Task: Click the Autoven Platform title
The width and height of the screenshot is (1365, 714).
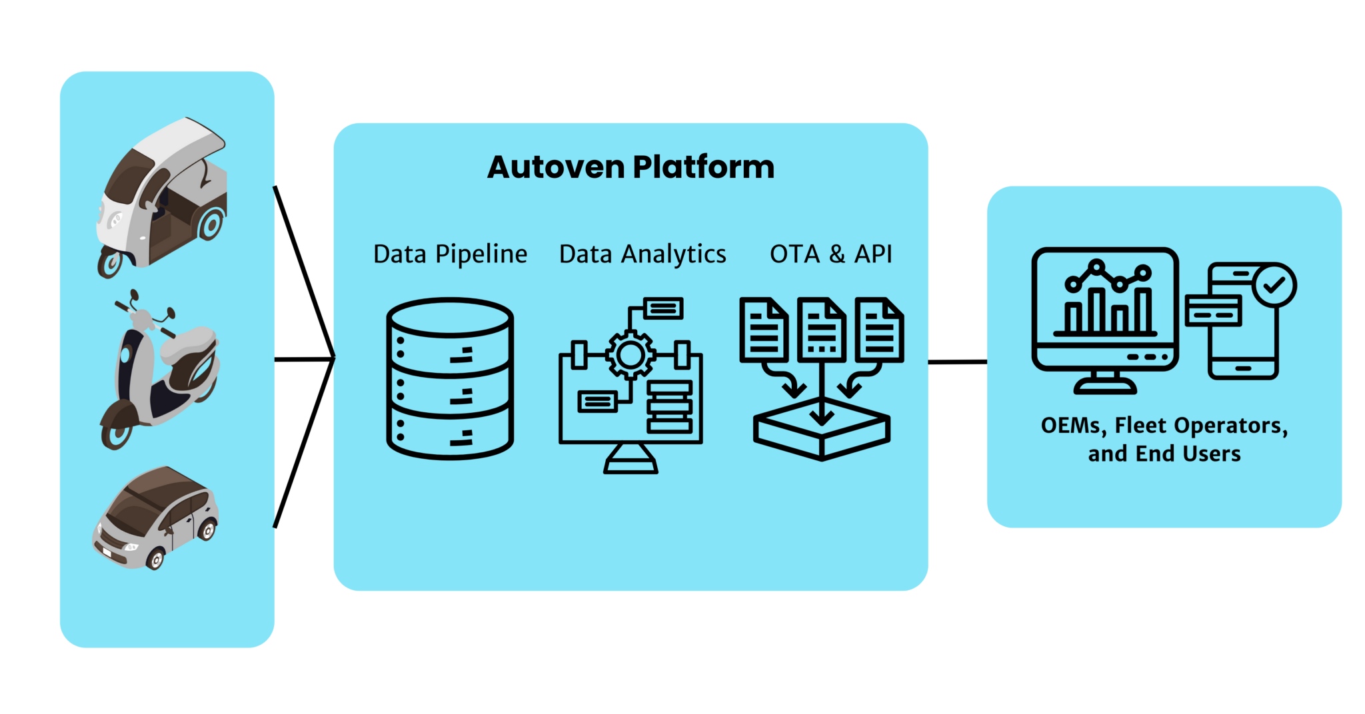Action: tap(631, 167)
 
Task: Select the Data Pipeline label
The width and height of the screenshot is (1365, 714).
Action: tap(450, 254)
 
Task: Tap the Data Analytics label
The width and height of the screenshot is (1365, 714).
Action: tap(643, 254)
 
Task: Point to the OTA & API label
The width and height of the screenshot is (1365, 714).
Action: tap(830, 254)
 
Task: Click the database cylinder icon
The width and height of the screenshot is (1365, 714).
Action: tap(450, 378)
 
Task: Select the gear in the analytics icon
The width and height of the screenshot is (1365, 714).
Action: tap(630, 355)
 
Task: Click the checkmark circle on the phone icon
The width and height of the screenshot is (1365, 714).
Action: tap(1274, 285)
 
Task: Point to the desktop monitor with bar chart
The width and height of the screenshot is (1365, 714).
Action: tap(1105, 313)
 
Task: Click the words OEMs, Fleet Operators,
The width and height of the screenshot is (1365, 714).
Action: tap(1164, 425)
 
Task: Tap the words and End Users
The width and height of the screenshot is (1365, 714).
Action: tap(1164, 454)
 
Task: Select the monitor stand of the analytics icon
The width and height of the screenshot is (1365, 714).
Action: tap(631, 460)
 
